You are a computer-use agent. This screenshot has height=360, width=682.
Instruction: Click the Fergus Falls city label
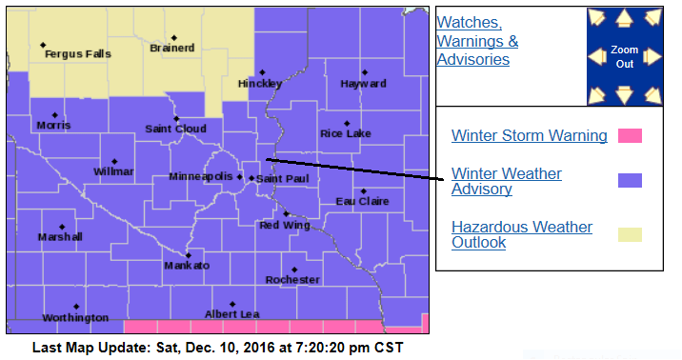(x=78, y=54)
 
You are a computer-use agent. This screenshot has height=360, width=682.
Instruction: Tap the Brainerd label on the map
(x=172, y=48)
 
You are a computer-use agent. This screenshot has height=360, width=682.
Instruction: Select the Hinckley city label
(x=260, y=83)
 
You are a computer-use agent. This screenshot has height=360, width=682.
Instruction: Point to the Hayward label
(x=364, y=84)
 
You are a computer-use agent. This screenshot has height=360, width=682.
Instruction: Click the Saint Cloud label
(x=175, y=129)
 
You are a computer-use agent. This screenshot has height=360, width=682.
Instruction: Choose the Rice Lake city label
(x=345, y=133)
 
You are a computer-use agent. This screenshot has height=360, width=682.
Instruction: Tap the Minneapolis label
(x=200, y=177)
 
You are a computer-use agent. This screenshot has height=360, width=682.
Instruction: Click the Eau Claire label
(x=362, y=201)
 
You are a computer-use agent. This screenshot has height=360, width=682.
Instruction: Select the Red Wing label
(x=283, y=225)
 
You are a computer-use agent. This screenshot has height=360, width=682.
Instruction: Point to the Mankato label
(x=187, y=266)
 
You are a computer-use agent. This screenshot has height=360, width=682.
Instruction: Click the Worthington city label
(x=75, y=317)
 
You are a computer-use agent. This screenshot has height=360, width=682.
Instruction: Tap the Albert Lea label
(x=231, y=314)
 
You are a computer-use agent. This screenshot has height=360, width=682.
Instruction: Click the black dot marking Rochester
(x=294, y=270)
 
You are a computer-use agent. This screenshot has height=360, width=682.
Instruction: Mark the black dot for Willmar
(x=114, y=161)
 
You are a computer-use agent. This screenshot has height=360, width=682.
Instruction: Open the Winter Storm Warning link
(x=529, y=135)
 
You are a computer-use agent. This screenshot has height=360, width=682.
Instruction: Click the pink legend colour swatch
(x=630, y=135)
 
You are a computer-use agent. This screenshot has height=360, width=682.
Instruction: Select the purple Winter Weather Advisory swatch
(x=630, y=181)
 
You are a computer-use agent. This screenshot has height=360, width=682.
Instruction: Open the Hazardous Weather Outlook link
(x=521, y=234)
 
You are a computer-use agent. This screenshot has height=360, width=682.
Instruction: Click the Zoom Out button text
(x=624, y=55)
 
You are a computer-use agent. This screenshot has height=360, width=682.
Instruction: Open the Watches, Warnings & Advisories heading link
(x=477, y=41)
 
